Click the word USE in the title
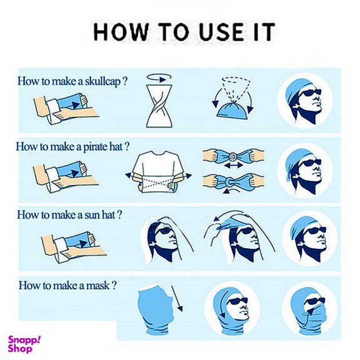click(221, 32)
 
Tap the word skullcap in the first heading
click(102, 82)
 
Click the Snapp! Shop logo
click(24, 344)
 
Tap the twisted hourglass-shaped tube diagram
click(159, 106)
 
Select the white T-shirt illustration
click(159, 171)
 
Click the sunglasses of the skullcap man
click(310, 92)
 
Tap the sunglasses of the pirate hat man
click(310, 162)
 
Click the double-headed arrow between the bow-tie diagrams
click(234, 165)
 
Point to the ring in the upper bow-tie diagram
click(232, 157)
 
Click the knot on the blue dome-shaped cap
click(234, 102)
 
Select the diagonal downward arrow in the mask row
click(177, 299)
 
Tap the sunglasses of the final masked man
click(315, 301)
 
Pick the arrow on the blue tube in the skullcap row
click(75, 105)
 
